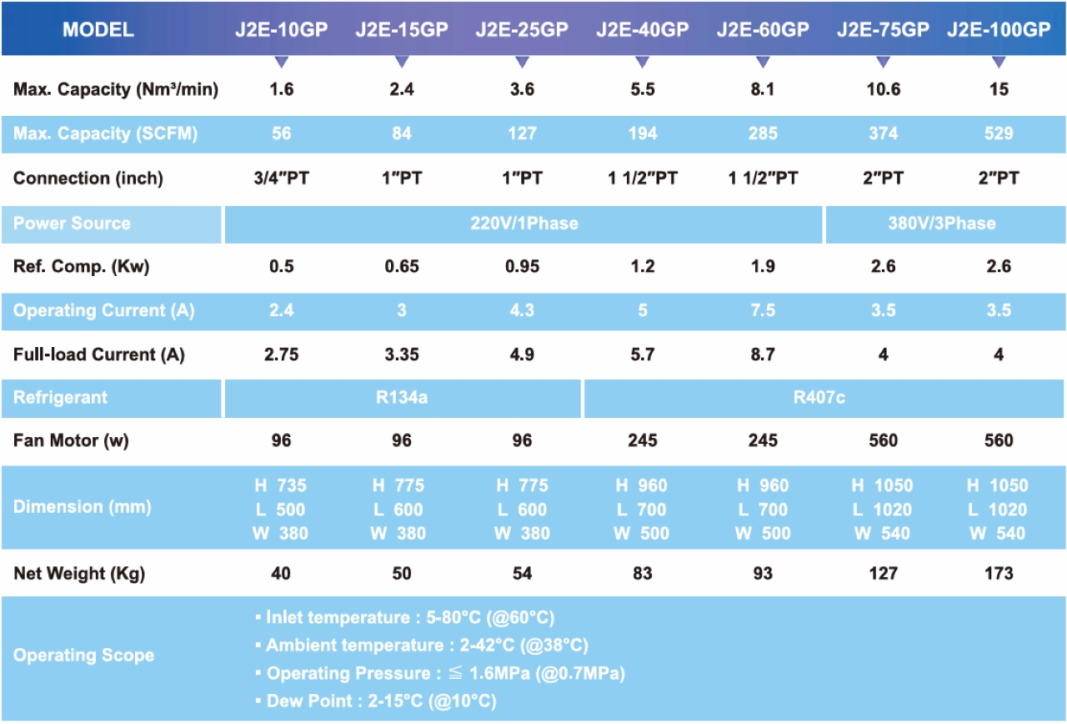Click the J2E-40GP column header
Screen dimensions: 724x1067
pyautogui.click(x=642, y=30)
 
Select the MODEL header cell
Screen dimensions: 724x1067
pyautogui.click(x=98, y=30)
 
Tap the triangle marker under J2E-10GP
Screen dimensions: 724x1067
pyautogui.click(x=282, y=62)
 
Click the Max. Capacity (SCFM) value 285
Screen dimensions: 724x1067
pyautogui.click(x=763, y=133)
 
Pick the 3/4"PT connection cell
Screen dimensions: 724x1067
pyautogui.click(x=282, y=178)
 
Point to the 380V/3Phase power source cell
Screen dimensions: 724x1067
pyautogui.click(x=942, y=224)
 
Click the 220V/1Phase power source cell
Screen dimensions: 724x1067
pyautogui.click(x=523, y=224)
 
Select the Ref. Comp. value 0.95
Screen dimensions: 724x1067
pyautogui.click(x=522, y=267)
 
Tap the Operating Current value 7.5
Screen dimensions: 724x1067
pyautogui.click(x=763, y=311)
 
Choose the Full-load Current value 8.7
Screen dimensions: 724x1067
pyautogui.click(x=763, y=355)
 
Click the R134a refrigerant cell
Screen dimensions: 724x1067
pyautogui.click(x=402, y=398)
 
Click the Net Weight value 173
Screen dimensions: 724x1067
pyautogui.click(x=999, y=573)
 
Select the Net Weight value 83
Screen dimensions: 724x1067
pyautogui.click(x=642, y=573)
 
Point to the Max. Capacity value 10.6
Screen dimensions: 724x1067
pyautogui.click(x=883, y=89)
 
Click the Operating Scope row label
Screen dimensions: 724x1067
pyautogui.click(x=83, y=656)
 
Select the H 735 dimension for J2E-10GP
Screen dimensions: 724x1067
pyautogui.click(x=280, y=485)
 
